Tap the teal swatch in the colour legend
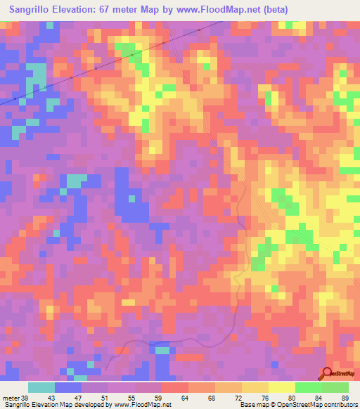point(41,387)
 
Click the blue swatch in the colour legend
point(68,387)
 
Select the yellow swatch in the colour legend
point(282,387)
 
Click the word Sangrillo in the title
point(29,8)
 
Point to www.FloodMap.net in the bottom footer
point(143,405)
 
